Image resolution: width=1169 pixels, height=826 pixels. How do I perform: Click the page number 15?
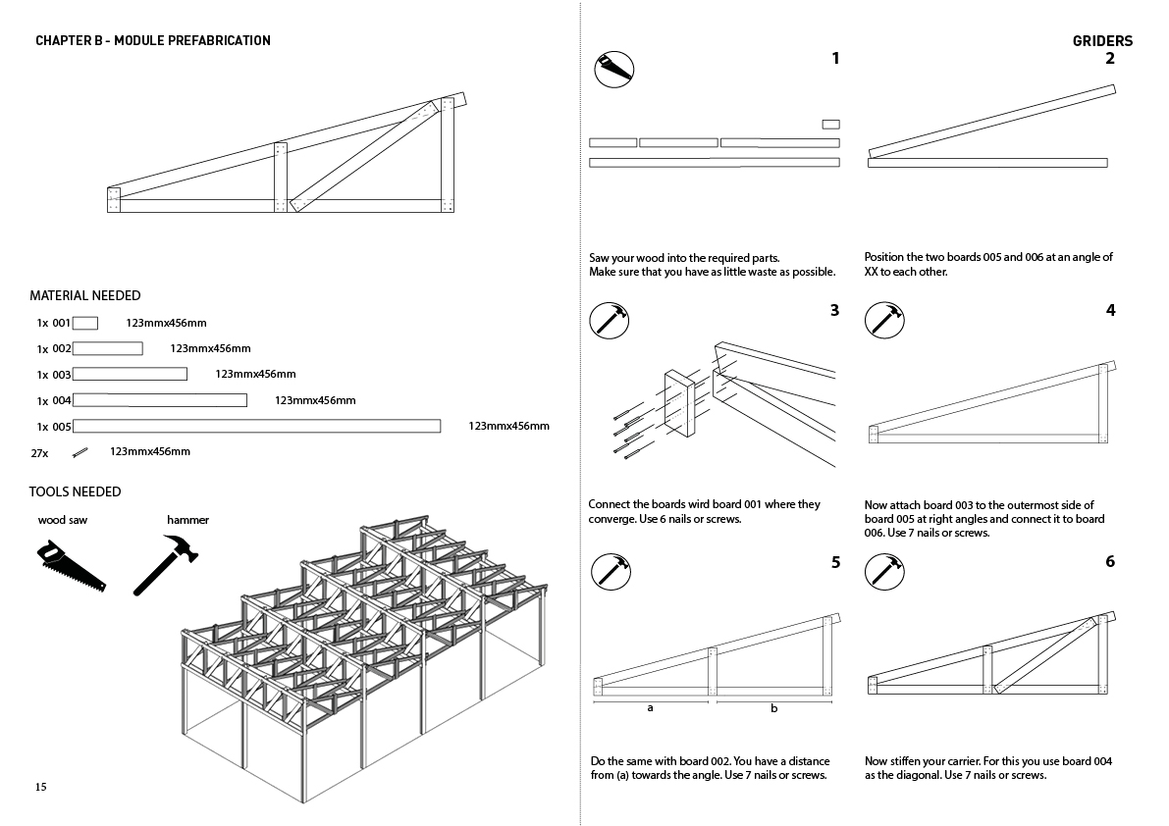click(40, 787)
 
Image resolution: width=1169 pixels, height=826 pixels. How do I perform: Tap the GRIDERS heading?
click(1102, 41)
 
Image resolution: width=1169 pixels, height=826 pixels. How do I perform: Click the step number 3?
click(834, 310)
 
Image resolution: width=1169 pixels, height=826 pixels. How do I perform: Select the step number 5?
click(835, 562)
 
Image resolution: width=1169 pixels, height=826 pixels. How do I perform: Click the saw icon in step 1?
click(614, 70)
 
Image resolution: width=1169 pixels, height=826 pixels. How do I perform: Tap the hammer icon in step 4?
click(884, 320)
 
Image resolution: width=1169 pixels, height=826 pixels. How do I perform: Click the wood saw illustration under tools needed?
click(71, 566)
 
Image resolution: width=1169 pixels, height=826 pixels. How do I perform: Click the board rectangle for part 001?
click(85, 323)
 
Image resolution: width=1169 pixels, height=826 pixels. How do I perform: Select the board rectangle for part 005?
click(256, 426)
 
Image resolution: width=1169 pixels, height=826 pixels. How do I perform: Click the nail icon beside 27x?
click(80, 452)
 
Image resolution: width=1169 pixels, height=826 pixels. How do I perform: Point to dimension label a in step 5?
click(650, 708)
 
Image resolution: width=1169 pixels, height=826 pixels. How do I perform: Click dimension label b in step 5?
click(773, 708)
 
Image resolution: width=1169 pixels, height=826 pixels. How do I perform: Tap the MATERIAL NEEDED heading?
click(85, 295)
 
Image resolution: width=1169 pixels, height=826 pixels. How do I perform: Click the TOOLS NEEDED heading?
click(76, 491)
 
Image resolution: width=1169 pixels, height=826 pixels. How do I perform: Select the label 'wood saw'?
click(63, 520)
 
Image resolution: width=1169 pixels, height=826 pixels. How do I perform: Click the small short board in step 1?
click(830, 125)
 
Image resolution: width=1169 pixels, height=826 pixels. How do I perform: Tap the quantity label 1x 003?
click(54, 375)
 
